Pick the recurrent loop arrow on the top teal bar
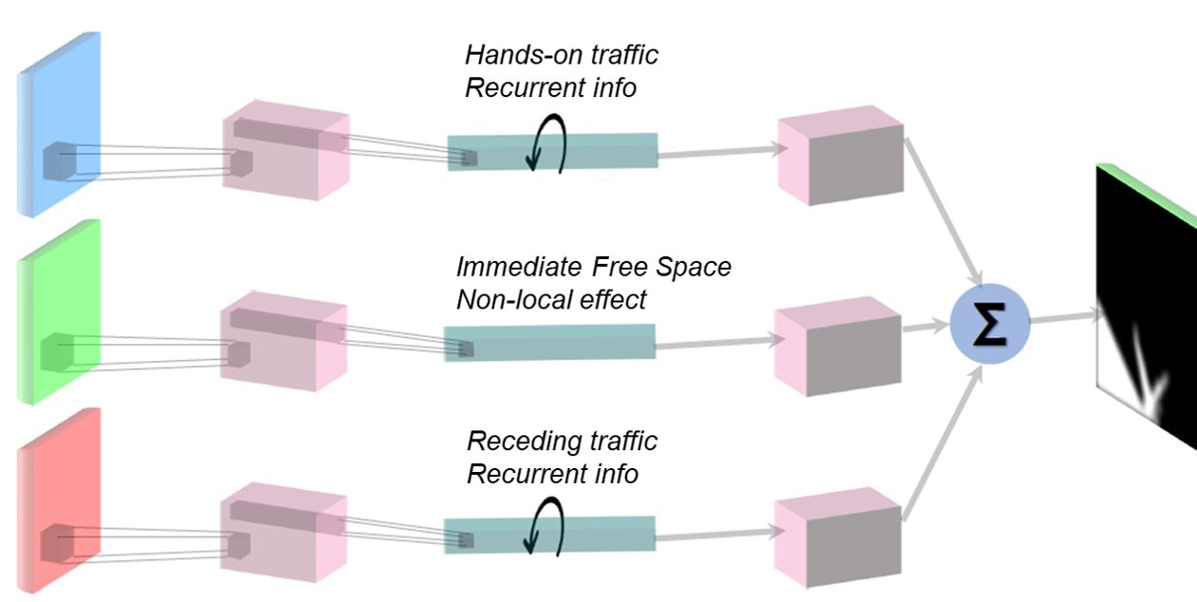pos(549,148)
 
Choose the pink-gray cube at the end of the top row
pos(840,161)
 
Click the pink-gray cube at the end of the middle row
pos(838,346)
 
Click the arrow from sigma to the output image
pos(1062,319)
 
